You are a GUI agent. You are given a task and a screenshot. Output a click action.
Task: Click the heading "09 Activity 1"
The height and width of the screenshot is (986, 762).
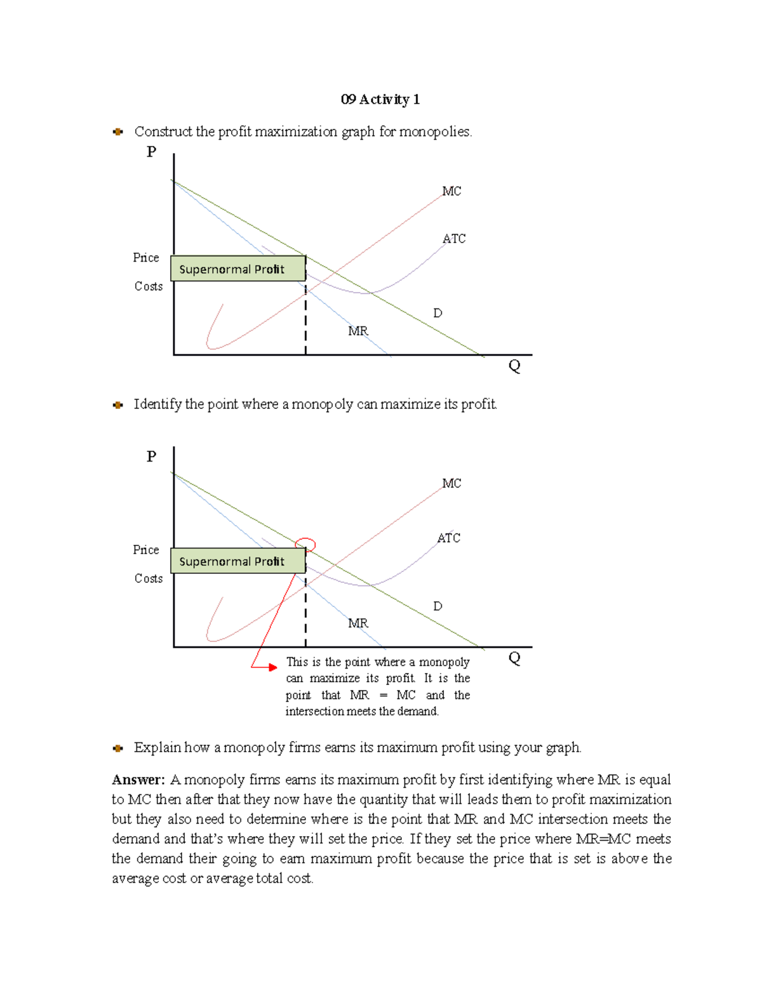380,100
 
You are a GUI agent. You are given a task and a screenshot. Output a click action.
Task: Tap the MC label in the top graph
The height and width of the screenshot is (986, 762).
451,191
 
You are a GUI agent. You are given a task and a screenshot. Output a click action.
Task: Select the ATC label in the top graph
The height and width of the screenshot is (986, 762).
454,239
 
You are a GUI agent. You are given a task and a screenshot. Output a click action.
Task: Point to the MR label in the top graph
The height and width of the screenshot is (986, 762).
358,331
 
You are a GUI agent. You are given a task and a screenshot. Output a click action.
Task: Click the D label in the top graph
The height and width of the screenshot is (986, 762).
438,313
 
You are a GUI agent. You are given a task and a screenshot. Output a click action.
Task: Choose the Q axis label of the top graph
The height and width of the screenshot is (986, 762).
514,366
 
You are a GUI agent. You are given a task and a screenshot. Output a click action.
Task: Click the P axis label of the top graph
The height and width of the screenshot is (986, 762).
151,152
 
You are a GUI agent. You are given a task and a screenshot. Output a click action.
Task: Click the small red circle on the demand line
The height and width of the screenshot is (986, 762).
305,544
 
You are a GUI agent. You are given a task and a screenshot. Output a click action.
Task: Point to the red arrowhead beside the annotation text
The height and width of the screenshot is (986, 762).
272,667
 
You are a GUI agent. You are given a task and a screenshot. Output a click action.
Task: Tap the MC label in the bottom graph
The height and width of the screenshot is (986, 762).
451,483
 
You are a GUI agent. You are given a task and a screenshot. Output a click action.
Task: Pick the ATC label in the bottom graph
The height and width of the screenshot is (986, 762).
448,538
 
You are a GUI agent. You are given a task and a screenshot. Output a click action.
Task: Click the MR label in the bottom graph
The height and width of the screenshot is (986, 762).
358,623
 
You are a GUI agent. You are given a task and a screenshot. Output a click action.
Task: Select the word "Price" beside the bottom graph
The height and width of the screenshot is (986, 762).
145,550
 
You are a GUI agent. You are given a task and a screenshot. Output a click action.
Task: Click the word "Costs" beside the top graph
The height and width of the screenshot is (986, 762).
148,286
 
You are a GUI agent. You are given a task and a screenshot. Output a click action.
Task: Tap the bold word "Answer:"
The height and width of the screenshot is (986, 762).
138,780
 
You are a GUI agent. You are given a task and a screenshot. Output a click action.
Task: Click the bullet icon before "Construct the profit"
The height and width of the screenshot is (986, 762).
117,132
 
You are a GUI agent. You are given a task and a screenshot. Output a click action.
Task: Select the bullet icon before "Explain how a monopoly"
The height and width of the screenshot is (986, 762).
117,748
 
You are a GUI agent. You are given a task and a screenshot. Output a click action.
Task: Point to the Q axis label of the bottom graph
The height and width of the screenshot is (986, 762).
514,658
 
